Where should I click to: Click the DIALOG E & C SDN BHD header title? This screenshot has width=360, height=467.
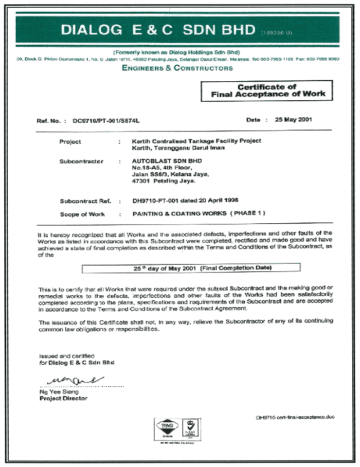click(x=158, y=30)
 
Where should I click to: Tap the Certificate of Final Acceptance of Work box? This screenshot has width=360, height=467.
click(x=267, y=90)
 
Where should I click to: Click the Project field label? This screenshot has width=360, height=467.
click(x=71, y=142)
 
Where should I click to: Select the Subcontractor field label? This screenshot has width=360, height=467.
click(x=81, y=161)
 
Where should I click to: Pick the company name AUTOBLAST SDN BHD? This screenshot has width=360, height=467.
click(x=160, y=161)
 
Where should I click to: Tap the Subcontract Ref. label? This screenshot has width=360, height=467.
click(x=85, y=201)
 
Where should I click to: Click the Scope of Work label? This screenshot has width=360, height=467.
click(x=83, y=214)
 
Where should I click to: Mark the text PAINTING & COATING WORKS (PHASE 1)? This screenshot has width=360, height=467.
click(x=199, y=213)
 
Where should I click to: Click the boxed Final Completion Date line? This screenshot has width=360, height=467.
click(x=191, y=268)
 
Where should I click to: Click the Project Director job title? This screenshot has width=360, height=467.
click(x=63, y=398)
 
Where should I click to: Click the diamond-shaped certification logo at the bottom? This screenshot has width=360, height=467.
click(x=167, y=427)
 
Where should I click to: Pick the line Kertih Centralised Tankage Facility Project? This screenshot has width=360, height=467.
click(x=197, y=141)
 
